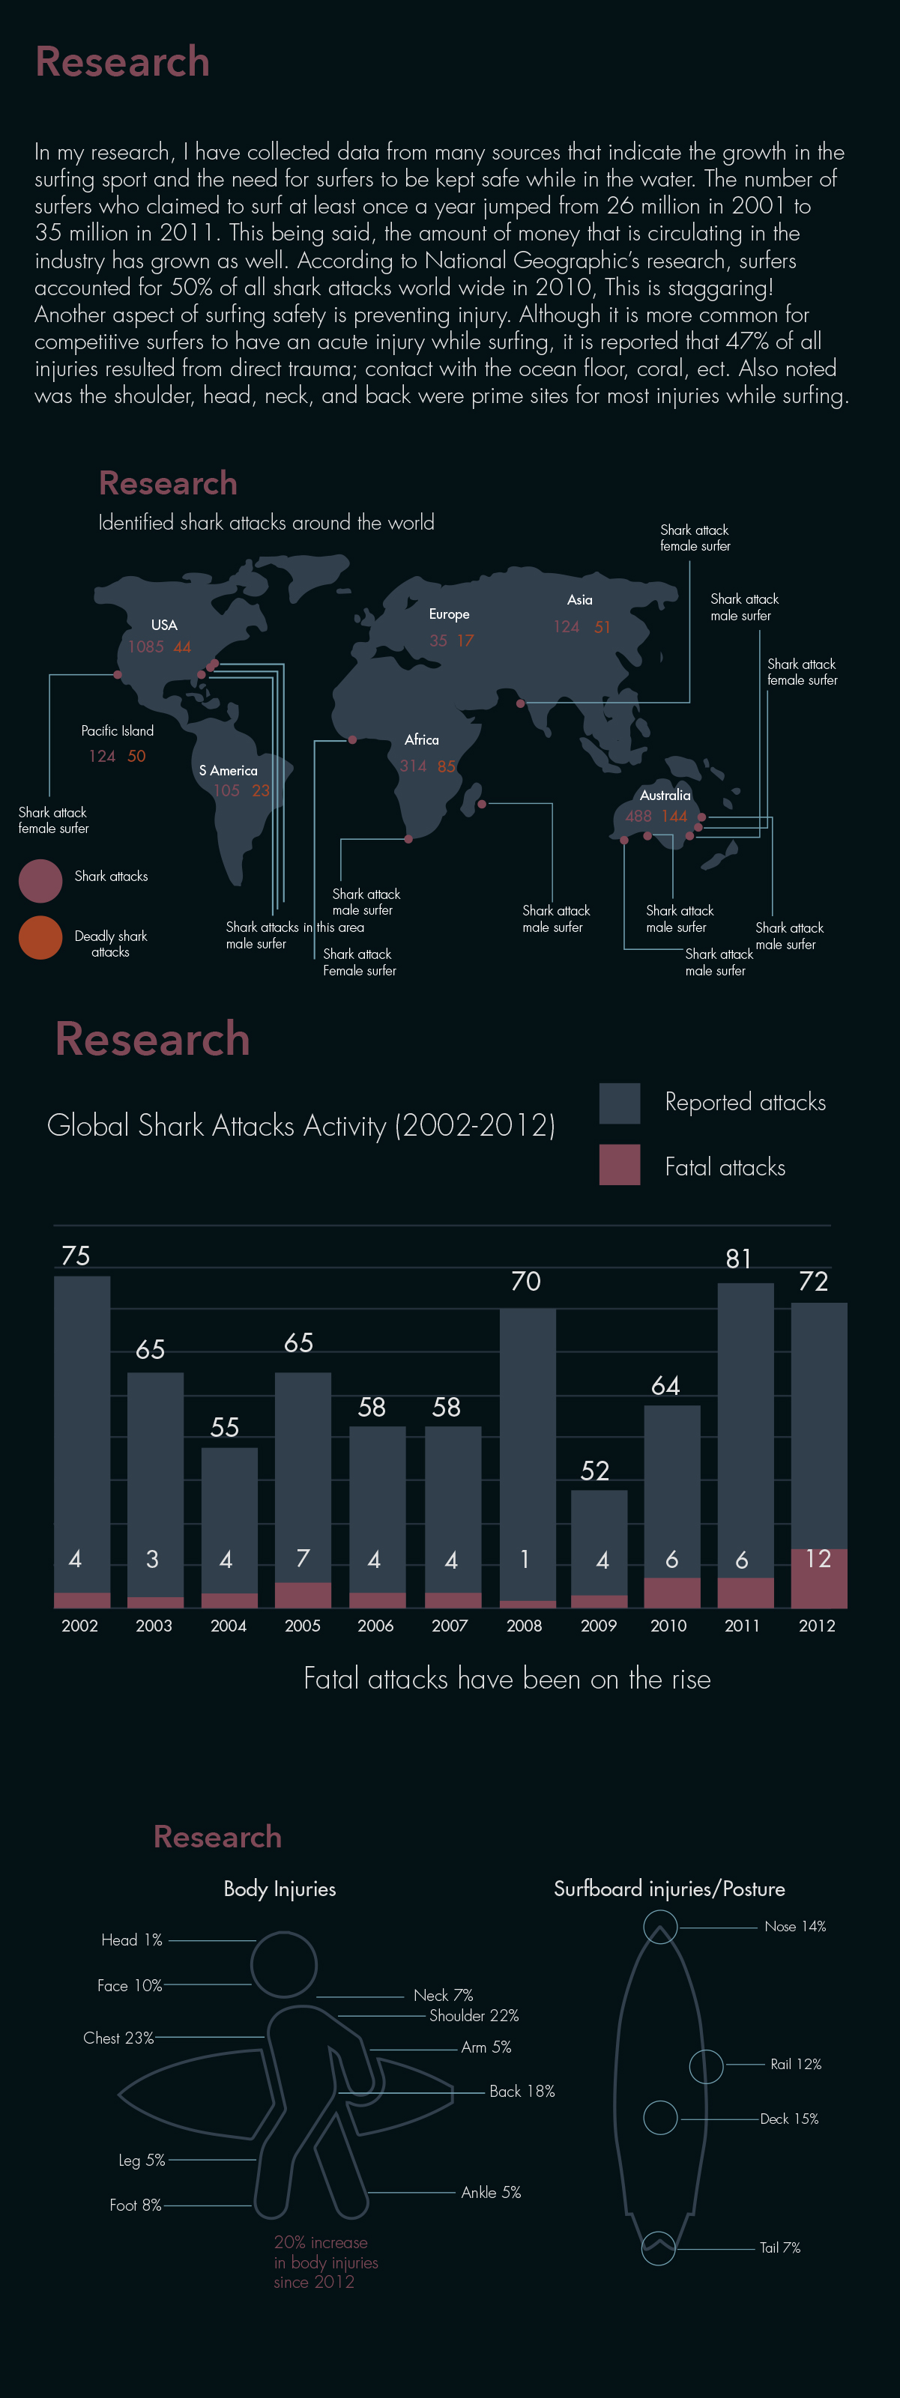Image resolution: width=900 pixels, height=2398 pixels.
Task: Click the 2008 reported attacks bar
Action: coord(528,1452)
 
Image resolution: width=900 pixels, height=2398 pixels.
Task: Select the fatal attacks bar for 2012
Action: coord(819,1578)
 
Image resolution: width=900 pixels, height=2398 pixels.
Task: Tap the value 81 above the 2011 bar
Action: coord(739,1259)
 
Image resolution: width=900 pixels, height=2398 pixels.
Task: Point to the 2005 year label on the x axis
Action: coord(303,1626)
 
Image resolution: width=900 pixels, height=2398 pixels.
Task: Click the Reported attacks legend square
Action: coord(620,1103)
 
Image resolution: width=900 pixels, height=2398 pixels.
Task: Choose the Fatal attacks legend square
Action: coord(620,1165)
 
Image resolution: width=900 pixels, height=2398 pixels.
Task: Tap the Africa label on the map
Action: coord(422,740)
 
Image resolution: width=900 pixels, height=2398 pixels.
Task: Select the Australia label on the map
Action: coord(665,795)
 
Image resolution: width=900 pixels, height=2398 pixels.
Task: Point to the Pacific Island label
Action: coord(117,730)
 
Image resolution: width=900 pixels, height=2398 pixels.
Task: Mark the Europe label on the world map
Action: coord(450,614)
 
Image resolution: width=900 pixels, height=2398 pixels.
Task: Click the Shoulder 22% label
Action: coord(474,2015)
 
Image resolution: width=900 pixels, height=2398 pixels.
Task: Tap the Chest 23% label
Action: coord(118,2038)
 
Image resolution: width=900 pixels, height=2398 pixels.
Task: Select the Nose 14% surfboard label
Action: coord(795,1926)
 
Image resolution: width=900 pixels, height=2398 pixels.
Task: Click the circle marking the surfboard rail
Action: coord(707,2065)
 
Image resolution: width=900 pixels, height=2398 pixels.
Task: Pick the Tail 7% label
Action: coord(780,2247)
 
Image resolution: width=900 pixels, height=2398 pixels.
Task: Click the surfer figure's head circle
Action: coord(284,1965)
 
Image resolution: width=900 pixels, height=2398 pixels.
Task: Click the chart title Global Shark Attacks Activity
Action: coord(300,1125)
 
